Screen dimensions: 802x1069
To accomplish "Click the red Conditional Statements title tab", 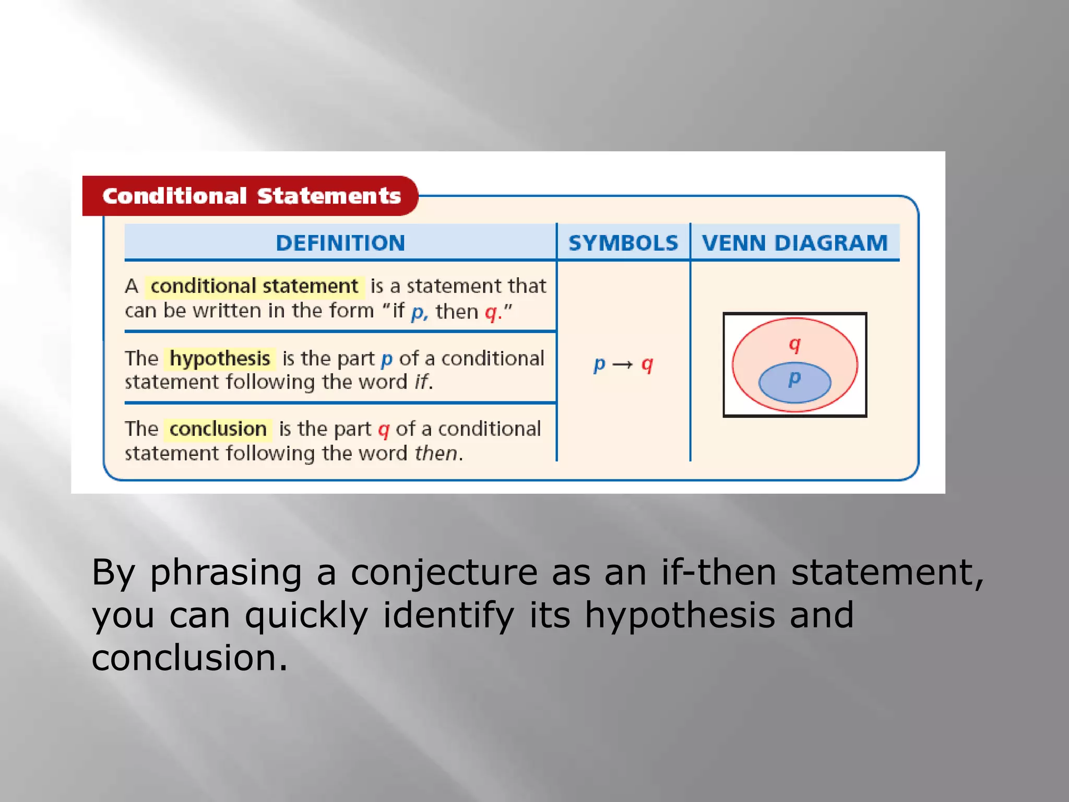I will (x=251, y=196).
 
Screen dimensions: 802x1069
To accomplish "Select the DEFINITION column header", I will (x=340, y=243).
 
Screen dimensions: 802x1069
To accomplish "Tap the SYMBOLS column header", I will (x=623, y=243).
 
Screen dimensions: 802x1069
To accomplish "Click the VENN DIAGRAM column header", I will (x=794, y=243).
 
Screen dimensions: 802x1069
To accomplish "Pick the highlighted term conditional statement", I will (x=254, y=286).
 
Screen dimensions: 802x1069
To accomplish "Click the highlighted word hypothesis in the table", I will (x=220, y=359).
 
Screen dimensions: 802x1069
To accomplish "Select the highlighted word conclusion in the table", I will (x=218, y=429).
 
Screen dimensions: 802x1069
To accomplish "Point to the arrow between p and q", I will (x=622, y=364).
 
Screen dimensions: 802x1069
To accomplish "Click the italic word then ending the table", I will (x=436, y=453).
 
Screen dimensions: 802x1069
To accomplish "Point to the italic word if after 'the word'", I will (x=421, y=382).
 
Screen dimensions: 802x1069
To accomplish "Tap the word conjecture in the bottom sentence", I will (x=444, y=573).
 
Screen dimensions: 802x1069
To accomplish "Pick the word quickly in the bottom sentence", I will (x=306, y=616).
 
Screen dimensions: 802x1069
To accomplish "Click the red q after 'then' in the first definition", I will (x=491, y=312).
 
